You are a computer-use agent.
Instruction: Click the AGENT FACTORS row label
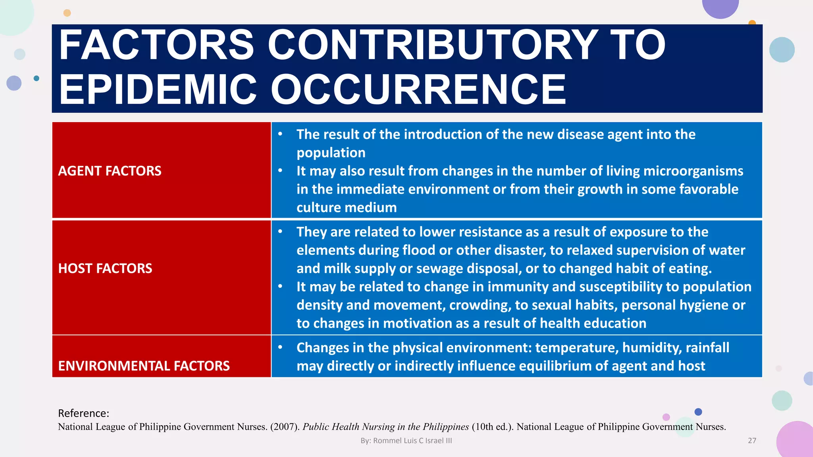(x=110, y=171)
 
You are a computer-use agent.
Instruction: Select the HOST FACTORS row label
(x=105, y=269)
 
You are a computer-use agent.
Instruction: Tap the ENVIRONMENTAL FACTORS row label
(x=144, y=366)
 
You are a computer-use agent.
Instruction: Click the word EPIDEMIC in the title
(x=158, y=90)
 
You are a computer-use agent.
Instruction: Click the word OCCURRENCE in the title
(x=418, y=90)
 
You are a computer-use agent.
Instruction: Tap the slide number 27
(x=752, y=440)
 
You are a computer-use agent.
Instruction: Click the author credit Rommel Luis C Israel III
(x=406, y=440)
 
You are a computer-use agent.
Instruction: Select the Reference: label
(x=83, y=413)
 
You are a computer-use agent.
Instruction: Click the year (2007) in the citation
(x=285, y=427)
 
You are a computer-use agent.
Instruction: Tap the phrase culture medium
(x=347, y=207)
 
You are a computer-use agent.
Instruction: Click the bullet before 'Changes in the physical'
(x=280, y=347)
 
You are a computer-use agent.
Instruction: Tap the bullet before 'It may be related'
(x=280, y=286)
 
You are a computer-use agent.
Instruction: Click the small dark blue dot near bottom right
(x=698, y=412)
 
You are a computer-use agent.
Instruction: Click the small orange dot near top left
(x=67, y=13)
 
